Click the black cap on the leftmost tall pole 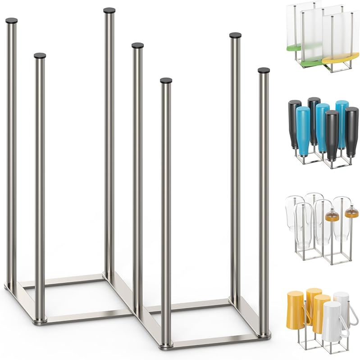point(12,21)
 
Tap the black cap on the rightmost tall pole point(264,71)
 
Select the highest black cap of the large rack point(109,10)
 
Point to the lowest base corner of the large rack point(166,345)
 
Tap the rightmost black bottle point(351,130)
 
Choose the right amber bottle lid point(351,213)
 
